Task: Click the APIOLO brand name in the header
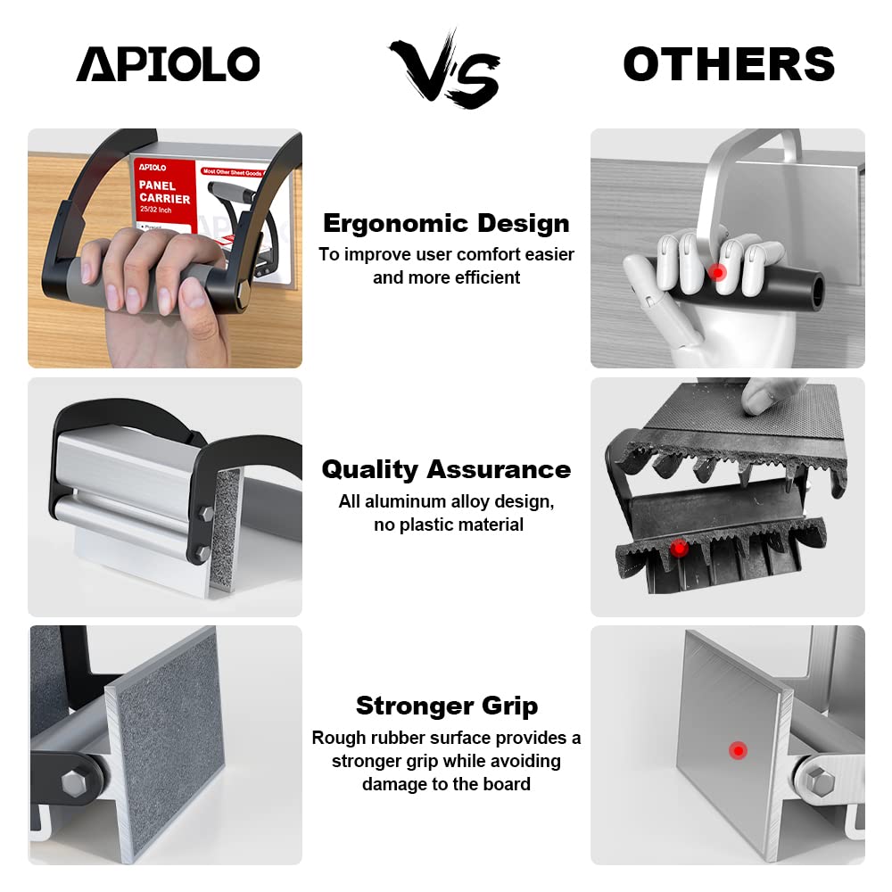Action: point(168,64)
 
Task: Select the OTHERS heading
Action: point(728,64)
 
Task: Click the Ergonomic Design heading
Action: point(446,223)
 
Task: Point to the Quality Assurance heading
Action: point(446,469)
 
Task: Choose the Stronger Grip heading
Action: point(446,706)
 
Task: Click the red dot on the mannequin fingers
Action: point(719,271)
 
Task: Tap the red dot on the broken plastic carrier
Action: point(679,547)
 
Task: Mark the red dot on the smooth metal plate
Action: point(737,751)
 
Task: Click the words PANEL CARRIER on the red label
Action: point(164,192)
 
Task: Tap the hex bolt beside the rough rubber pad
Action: point(73,783)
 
